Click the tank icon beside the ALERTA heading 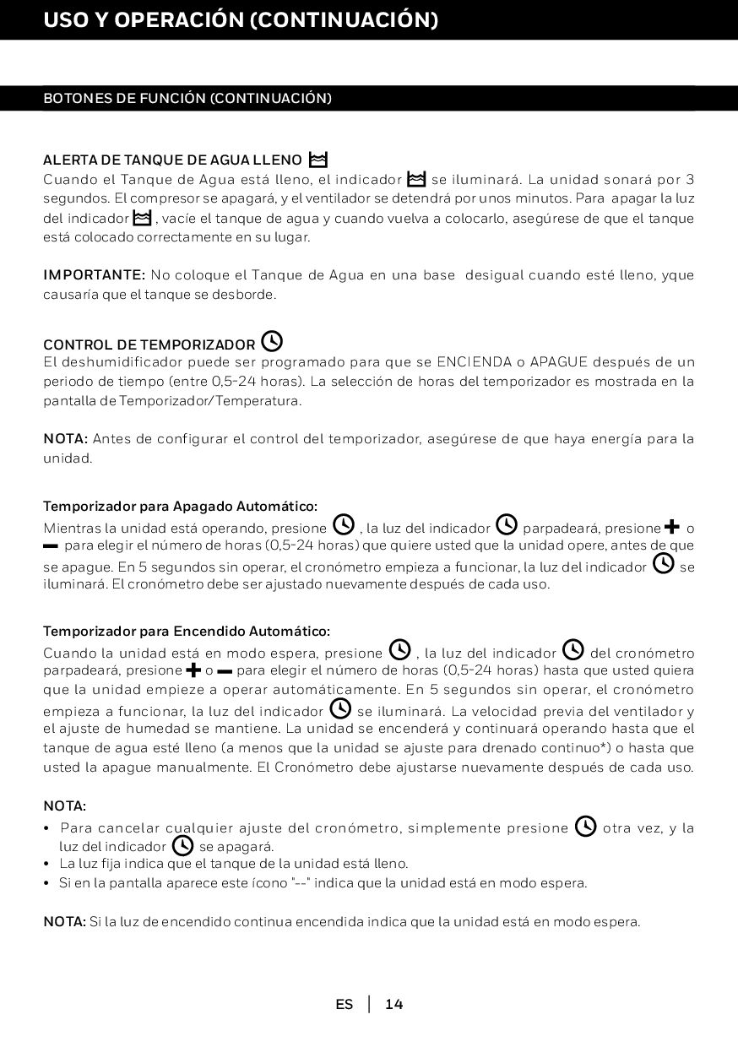318,159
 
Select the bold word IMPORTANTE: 95,275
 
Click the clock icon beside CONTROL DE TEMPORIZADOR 272,342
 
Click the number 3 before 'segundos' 690,179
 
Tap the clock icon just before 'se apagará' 182,845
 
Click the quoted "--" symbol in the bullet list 299,883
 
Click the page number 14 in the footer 394,1004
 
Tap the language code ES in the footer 344,1004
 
